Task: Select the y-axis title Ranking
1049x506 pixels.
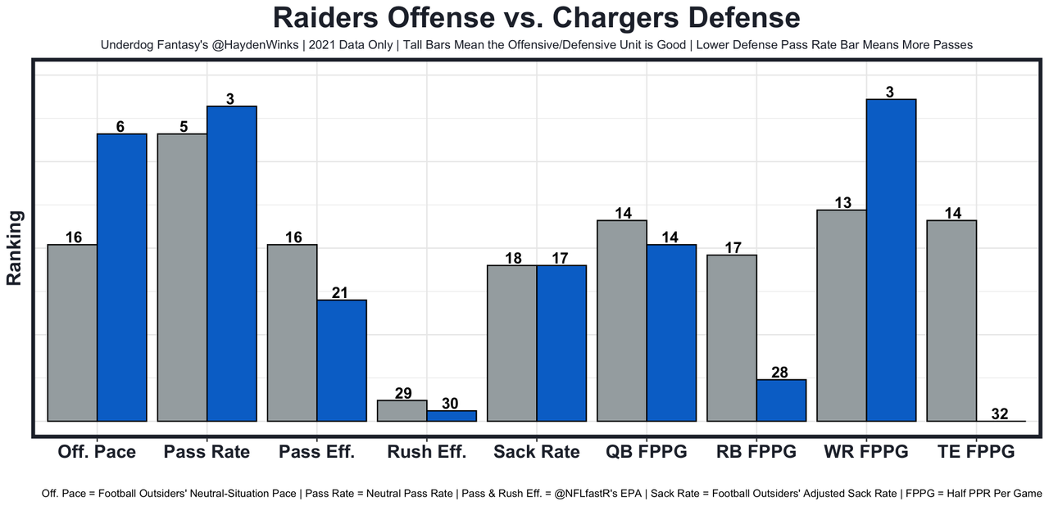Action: click(x=14, y=247)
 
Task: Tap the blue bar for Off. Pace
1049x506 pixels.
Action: click(x=122, y=278)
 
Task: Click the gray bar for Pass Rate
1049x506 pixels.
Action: click(x=182, y=278)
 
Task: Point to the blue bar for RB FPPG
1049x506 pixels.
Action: click(x=781, y=400)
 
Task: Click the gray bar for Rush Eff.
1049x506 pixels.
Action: click(x=402, y=411)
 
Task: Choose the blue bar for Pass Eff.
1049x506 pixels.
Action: click(x=342, y=360)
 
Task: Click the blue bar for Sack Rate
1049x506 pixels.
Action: click(x=561, y=343)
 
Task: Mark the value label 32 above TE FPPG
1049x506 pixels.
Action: click(x=1000, y=413)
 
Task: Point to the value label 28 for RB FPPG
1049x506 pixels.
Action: click(x=780, y=373)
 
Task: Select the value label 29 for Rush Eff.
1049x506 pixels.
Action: click(x=402, y=393)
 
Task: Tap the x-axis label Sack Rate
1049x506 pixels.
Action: click(x=536, y=452)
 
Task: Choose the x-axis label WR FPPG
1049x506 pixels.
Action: click(x=866, y=452)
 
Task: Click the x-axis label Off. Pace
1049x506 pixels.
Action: click(x=97, y=452)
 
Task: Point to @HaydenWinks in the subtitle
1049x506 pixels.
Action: click(x=250, y=45)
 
